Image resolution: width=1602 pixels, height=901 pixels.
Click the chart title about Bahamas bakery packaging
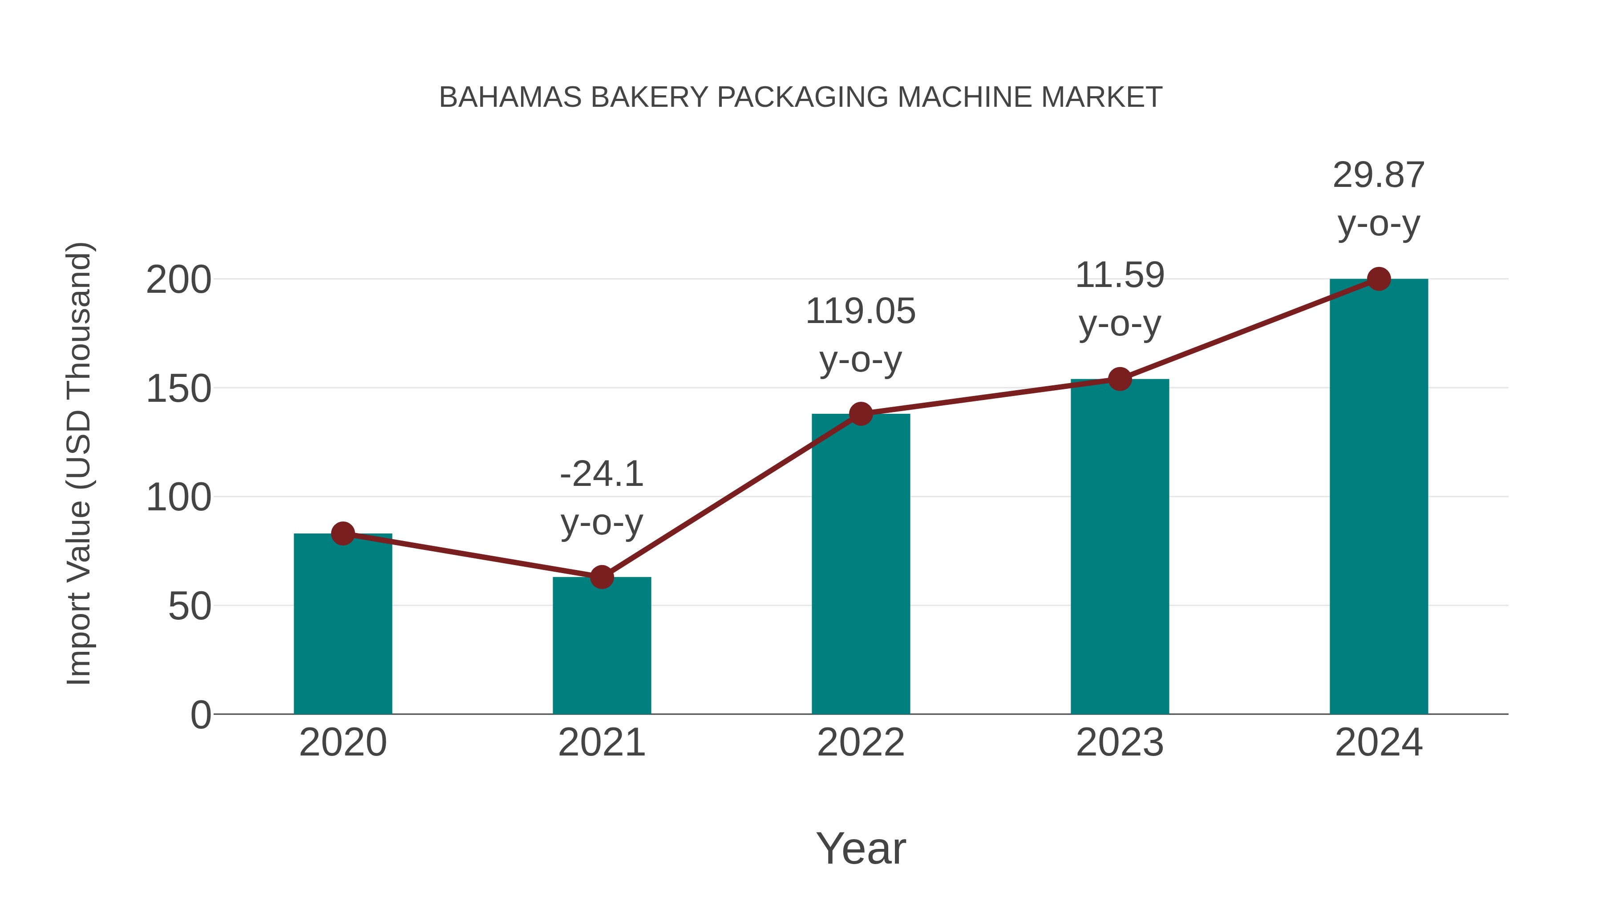click(x=801, y=97)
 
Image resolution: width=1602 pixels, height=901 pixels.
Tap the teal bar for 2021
click(x=601, y=646)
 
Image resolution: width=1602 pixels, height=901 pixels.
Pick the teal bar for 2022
click(x=861, y=566)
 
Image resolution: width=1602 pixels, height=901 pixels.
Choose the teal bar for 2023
click(x=1120, y=547)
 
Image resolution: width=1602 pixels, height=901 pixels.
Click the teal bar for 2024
click(x=1379, y=497)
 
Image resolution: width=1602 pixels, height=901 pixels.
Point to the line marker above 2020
click(x=343, y=533)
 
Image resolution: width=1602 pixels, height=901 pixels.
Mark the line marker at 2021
click(x=601, y=577)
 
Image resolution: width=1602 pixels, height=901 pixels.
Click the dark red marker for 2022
click(x=861, y=413)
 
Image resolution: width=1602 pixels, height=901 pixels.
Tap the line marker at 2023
click(x=1120, y=379)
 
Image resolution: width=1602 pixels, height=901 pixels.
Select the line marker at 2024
click(x=1379, y=279)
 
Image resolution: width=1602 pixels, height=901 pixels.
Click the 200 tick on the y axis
click(x=178, y=280)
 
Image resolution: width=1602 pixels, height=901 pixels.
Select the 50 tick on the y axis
click(x=190, y=606)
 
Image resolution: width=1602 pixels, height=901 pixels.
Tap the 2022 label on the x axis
click(x=861, y=743)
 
